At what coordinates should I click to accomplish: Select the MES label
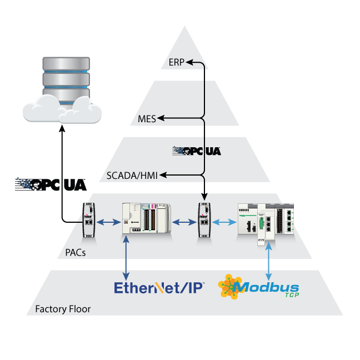click(147, 118)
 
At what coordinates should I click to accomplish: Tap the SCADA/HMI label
click(132, 176)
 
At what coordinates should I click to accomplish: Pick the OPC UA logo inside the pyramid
click(197, 150)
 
